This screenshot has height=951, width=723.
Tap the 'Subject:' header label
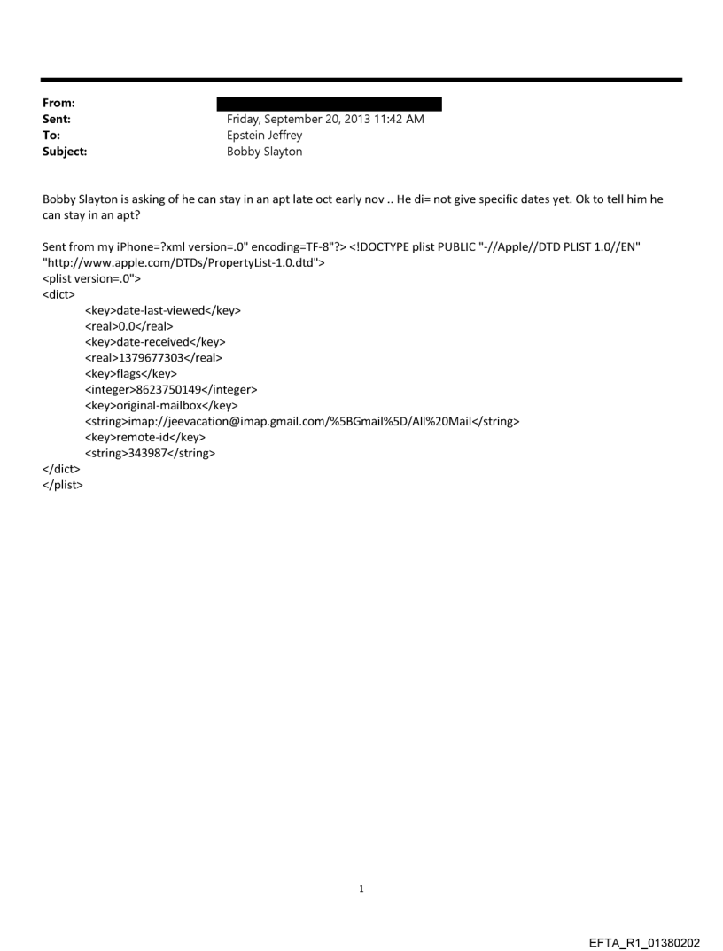(x=63, y=152)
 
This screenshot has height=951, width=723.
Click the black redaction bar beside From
(x=334, y=104)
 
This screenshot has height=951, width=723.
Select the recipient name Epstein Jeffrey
(x=265, y=136)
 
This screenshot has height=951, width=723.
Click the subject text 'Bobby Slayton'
(x=265, y=152)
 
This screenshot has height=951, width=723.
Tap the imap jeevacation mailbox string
(x=302, y=422)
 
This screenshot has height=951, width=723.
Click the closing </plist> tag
(x=63, y=485)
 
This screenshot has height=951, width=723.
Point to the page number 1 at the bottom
(x=361, y=888)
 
